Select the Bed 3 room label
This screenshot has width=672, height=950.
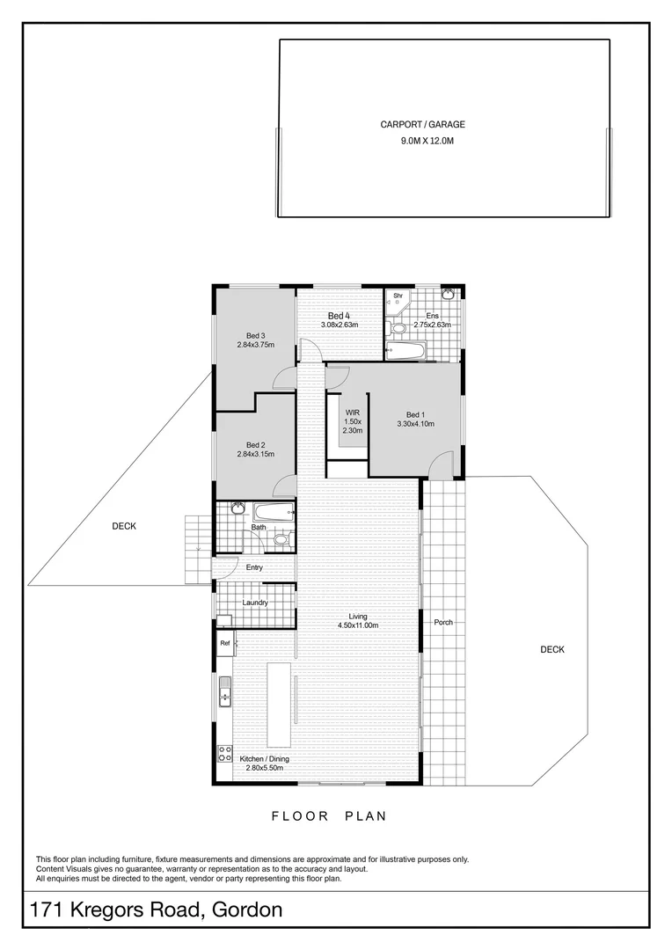coord(255,335)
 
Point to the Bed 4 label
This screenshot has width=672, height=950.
coord(339,316)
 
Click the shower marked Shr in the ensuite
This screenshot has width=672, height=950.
coord(398,299)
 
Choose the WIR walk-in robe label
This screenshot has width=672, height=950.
coord(352,412)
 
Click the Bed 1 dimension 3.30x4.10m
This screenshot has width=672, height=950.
coord(414,424)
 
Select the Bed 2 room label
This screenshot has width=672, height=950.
coord(255,444)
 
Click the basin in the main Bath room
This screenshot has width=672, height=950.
coord(237,508)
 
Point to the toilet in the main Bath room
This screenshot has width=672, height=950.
coord(280,538)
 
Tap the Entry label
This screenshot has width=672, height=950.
coord(254,567)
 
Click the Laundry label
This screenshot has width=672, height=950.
coord(255,603)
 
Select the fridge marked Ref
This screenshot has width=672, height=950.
coord(225,644)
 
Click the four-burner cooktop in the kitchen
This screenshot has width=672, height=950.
coord(223,753)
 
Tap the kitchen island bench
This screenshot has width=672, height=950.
coord(282,705)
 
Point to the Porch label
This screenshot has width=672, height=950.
coord(442,623)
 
